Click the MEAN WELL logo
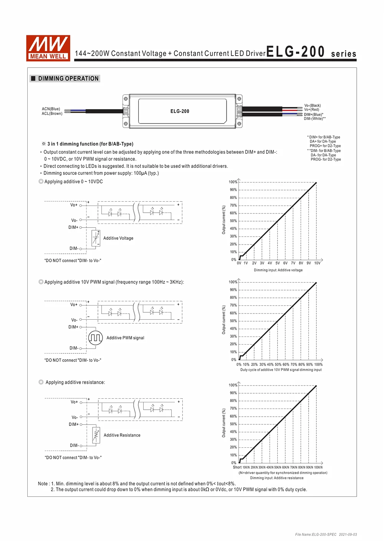pos(48,48)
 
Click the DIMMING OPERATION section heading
pos(68,79)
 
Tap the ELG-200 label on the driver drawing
pos(180,111)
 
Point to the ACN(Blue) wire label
pos(51,109)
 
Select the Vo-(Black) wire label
pos(312,105)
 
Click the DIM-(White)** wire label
pos(314,119)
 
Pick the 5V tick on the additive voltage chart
pos(277,263)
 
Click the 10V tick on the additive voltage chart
pos(317,263)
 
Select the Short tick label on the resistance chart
pos(237,467)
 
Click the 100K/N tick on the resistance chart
pos(318,467)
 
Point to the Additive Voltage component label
pos(118,238)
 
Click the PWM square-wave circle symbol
pos(95,338)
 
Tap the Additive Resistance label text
pos(122,435)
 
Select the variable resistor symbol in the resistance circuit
pos(96,435)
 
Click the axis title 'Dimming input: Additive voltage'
pos(278,270)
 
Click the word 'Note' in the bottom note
pos(43,484)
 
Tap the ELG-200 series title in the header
pos(311,52)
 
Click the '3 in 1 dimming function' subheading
pos(90,144)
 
